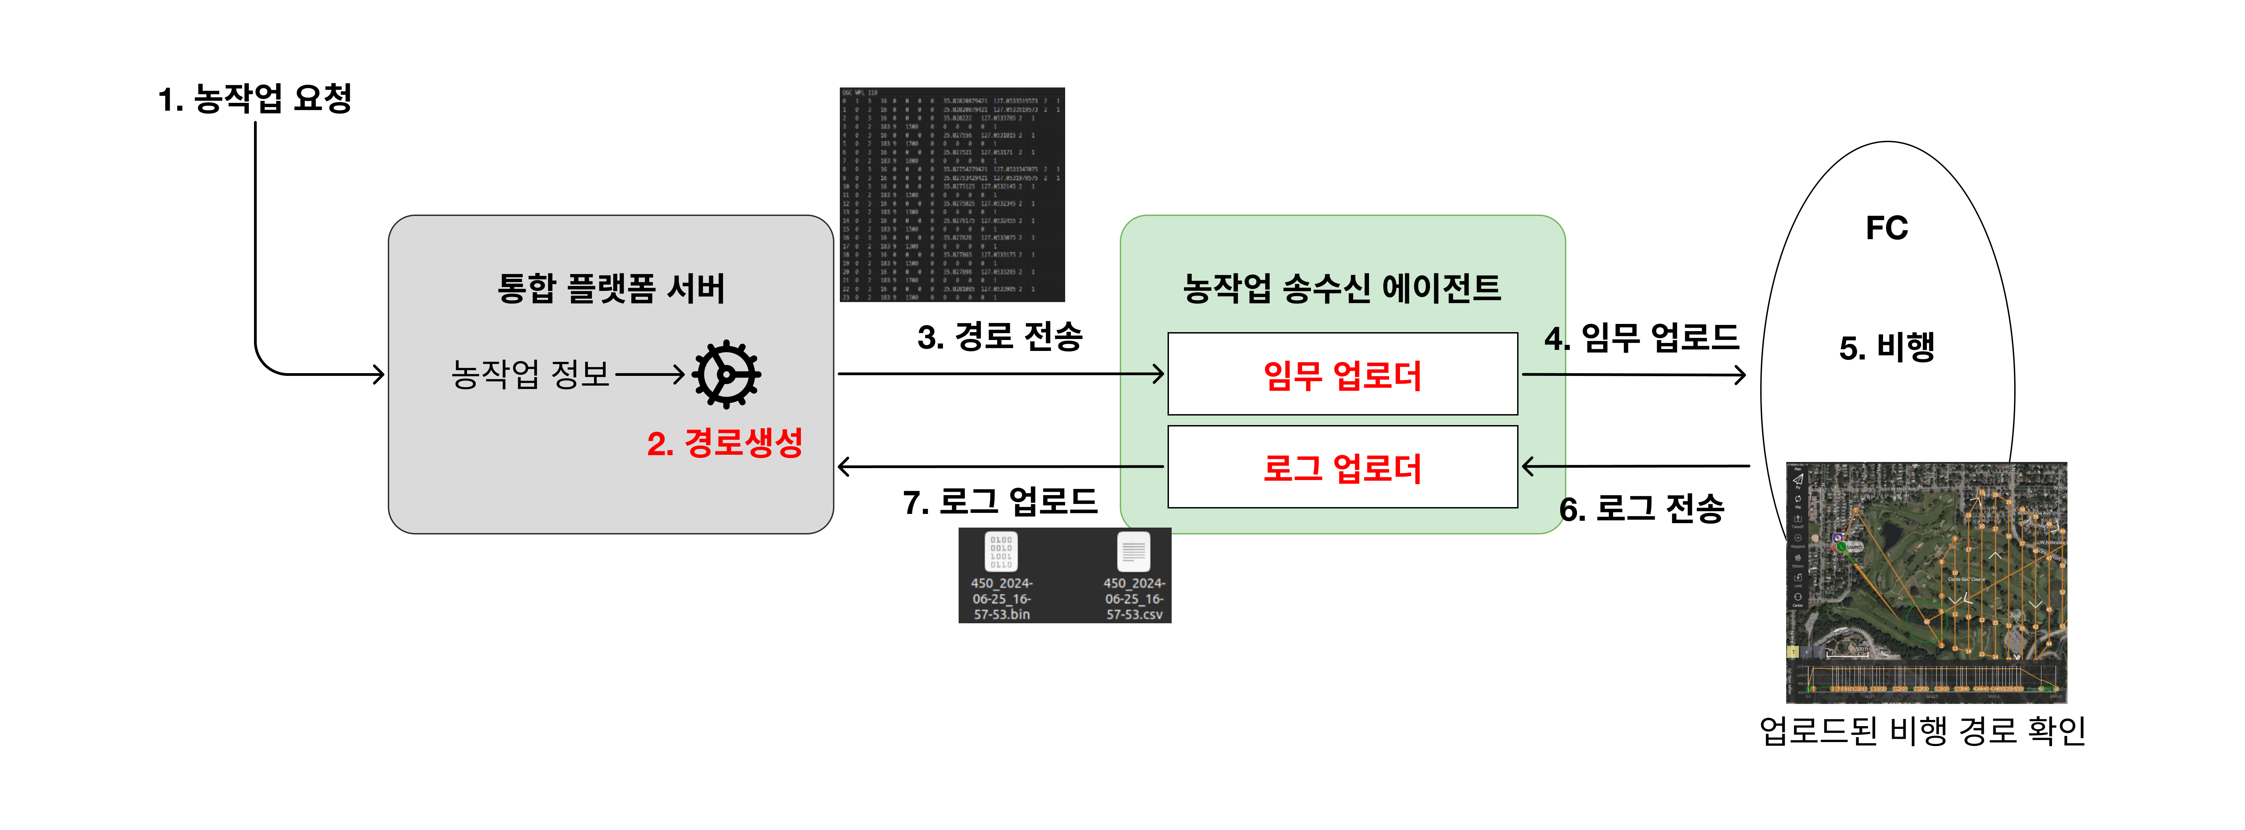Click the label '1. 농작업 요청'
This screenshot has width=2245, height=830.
254,98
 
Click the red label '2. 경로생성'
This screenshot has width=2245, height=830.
724,443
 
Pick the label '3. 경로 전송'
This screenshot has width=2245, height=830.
1000,337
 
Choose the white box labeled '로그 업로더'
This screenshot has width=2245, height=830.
1342,467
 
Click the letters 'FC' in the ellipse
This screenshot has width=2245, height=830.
1887,228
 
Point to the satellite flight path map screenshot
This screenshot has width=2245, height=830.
1926,582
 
